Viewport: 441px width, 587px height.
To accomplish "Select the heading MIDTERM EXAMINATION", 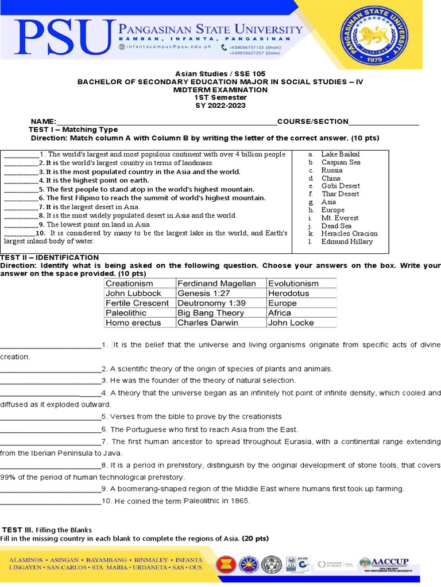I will point(220,89).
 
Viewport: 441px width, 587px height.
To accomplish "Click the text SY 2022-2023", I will point(220,105).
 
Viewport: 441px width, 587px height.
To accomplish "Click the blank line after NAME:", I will point(167,122).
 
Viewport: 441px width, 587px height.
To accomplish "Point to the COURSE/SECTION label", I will point(312,122).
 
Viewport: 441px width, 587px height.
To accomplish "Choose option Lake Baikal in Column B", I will point(340,154).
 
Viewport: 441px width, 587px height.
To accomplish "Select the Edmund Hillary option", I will point(347,241).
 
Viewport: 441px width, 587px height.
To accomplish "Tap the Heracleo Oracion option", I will point(349,233).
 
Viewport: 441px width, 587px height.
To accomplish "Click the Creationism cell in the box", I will point(130,283).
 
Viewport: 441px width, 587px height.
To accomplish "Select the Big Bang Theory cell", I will point(210,313).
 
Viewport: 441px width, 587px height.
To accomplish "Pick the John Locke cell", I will point(291,323).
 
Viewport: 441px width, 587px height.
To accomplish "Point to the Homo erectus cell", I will point(129,323).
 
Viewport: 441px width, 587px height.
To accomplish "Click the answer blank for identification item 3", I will point(51,381).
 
